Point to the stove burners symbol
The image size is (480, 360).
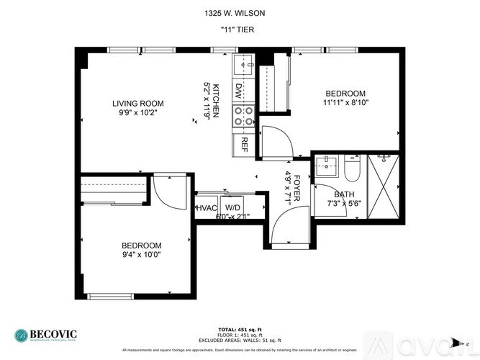pyautogui.click(x=243, y=115)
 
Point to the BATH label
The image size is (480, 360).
pyautogui.click(x=344, y=194)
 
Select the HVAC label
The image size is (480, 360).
pyautogui.click(x=207, y=207)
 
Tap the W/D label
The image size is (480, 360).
pyautogui.click(x=233, y=207)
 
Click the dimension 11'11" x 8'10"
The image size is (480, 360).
pyautogui.click(x=345, y=103)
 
